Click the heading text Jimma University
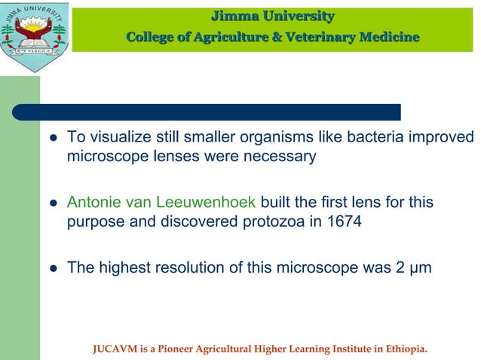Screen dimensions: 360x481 click(272, 16)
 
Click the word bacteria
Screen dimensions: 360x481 click(371, 139)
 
